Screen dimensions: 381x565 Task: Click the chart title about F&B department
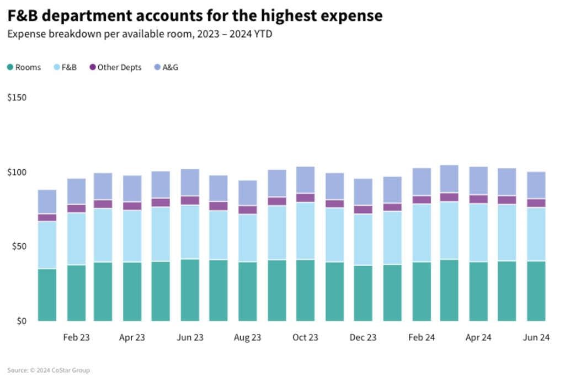click(x=195, y=15)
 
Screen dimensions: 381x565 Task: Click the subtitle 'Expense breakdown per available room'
click(x=140, y=34)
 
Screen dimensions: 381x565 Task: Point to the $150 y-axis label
click(x=17, y=98)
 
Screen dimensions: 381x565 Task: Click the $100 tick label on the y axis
click(x=17, y=172)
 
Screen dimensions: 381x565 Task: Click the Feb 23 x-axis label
click(x=76, y=337)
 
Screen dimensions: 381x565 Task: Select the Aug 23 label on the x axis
click(x=247, y=337)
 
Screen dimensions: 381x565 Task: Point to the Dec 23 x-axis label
click(x=363, y=337)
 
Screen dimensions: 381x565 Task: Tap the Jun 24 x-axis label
click(x=536, y=337)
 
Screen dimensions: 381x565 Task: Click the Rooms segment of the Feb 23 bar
click(x=76, y=293)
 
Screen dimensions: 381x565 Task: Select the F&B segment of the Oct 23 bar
click(x=305, y=231)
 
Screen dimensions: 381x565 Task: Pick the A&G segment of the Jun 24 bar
click(x=536, y=185)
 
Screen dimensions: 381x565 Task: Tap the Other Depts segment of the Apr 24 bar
click(x=478, y=199)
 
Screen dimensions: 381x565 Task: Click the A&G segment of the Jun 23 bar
click(x=190, y=183)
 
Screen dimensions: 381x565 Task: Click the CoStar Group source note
click(x=49, y=371)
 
